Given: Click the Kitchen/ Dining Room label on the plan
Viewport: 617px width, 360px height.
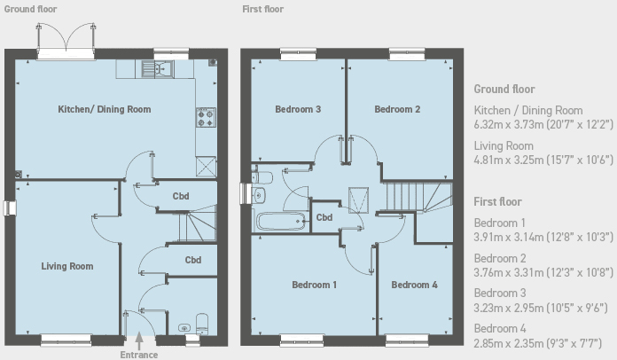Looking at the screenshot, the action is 105,109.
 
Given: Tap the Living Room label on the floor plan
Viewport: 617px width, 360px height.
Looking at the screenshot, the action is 67,266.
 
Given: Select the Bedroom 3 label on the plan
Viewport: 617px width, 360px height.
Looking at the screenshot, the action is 298,109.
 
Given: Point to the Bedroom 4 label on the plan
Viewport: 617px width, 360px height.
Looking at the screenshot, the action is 414,285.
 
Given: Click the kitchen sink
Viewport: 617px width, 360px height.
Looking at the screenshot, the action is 158,70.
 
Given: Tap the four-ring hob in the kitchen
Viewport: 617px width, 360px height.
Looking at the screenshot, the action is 206,117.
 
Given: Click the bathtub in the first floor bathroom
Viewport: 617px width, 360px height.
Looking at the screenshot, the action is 281,223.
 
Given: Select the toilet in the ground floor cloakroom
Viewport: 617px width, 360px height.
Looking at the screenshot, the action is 202,324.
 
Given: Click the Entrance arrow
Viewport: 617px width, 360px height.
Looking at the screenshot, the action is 139,340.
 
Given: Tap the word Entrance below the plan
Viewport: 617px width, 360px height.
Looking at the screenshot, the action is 139,355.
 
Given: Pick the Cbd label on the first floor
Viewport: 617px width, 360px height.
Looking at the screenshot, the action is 324,217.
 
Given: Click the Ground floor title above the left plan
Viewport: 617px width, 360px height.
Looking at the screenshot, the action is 30,9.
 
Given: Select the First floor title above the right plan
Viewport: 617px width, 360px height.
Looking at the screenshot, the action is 263,9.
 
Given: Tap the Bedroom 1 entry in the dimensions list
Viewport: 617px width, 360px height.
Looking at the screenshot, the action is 499,223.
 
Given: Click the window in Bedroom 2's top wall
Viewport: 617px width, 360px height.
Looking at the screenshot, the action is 407,54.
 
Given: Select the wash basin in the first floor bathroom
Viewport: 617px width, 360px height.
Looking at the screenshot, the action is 258,195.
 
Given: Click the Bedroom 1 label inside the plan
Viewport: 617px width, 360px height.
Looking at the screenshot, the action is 314,285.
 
